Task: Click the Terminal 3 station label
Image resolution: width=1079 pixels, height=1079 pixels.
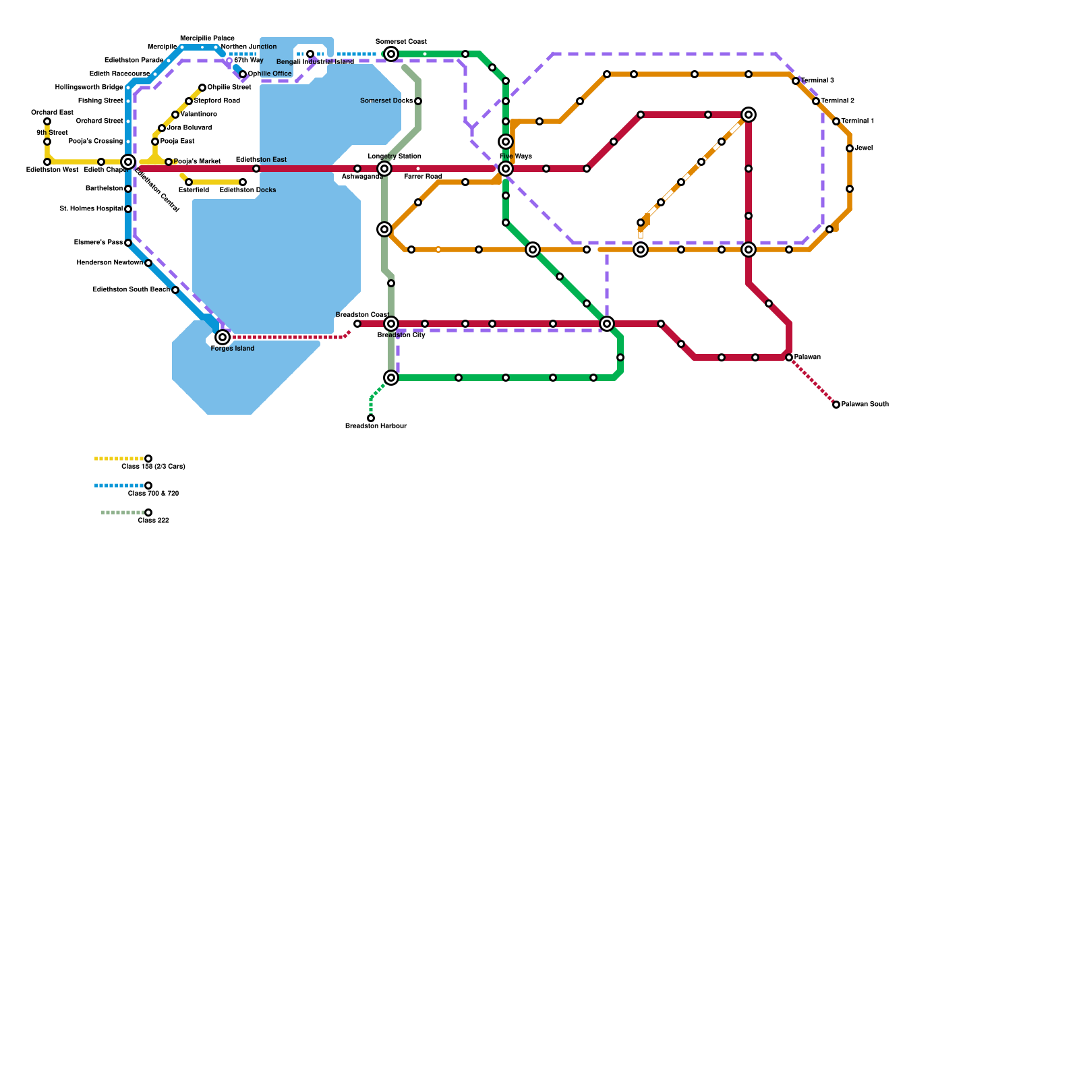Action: (817, 81)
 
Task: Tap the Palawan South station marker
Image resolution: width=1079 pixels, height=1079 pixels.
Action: (836, 405)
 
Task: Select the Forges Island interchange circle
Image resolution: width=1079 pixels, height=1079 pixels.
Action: (223, 337)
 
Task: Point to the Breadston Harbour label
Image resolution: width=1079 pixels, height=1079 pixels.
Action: (376, 426)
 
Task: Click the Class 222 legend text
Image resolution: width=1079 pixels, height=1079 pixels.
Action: (153, 521)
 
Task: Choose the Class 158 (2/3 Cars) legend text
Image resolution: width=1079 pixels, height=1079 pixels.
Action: (153, 467)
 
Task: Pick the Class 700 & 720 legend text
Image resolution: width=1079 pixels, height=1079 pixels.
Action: (153, 494)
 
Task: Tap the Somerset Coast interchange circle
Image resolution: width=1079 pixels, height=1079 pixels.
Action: (391, 54)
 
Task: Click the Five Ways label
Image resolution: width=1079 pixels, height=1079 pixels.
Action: (516, 156)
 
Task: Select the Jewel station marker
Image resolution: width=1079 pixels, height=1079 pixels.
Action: (850, 148)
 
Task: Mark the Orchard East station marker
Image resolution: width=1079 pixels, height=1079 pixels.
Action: (47, 121)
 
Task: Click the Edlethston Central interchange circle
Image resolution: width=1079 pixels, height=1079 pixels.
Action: (128, 162)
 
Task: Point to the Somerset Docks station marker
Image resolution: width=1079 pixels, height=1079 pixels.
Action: (418, 101)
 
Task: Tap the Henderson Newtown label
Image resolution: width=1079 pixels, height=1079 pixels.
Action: (109, 263)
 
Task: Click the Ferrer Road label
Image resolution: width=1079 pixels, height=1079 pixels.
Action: (423, 177)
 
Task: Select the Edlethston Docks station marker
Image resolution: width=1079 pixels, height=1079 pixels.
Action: (243, 182)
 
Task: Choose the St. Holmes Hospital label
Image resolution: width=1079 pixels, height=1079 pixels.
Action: (91, 209)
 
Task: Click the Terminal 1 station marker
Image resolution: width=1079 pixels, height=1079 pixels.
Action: (836, 121)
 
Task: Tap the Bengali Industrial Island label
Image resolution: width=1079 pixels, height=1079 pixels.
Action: (315, 62)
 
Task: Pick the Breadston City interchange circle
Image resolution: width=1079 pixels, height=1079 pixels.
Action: (391, 324)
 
